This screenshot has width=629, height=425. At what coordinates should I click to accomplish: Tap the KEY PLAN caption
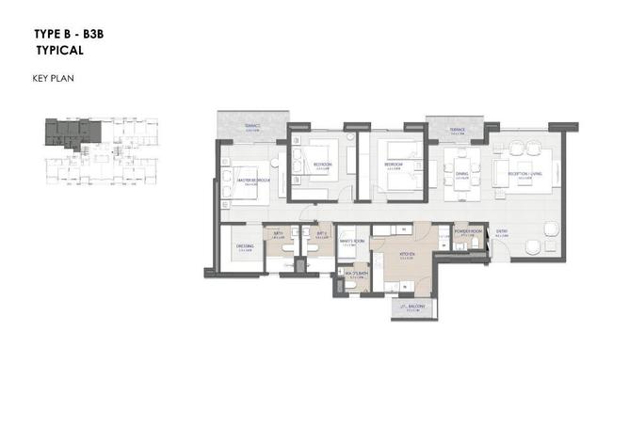[x=53, y=78]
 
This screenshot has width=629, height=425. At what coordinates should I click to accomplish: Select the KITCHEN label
[x=408, y=254]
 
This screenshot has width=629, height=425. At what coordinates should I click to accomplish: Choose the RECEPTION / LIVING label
[x=524, y=174]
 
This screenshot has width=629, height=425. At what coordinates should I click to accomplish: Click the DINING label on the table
[x=462, y=174]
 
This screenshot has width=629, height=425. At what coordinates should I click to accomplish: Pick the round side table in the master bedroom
[x=225, y=161]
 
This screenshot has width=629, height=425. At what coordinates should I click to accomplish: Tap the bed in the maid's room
[x=346, y=235]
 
